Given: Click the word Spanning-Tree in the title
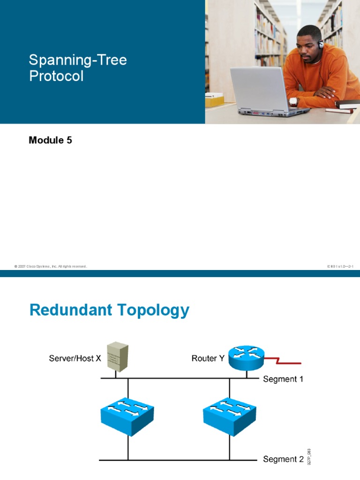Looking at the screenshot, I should click(x=78, y=60).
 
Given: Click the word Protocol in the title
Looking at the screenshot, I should click(x=56, y=76).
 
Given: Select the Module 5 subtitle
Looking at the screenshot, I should click(x=51, y=140).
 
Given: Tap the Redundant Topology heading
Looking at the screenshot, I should click(x=109, y=310).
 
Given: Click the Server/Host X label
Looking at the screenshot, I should click(x=75, y=359).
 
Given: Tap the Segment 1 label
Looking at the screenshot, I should click(x=283, y=379).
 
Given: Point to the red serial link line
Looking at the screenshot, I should click(x=286, y=361).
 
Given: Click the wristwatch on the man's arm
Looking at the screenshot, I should click(x=294, y=101).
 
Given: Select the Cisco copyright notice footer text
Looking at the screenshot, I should click(x=51, y=266).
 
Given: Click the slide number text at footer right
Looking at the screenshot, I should click(x=340, y=266).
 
